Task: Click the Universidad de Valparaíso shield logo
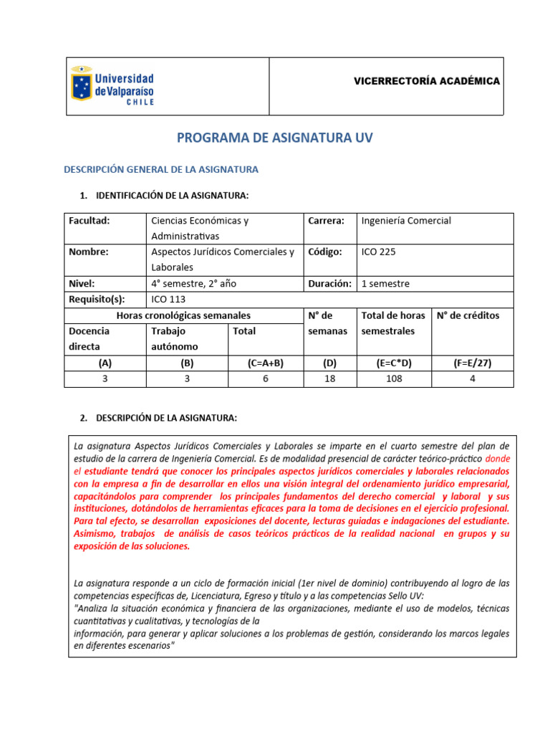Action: tap(81, 86)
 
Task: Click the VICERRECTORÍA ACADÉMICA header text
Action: tap(427, 81)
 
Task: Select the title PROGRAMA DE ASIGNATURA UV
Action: tap(274, 138)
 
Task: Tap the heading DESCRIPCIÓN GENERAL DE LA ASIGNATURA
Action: tap(161, 170)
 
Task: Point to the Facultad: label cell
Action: tap(89, 221)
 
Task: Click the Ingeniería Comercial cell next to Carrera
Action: tap(406, 221)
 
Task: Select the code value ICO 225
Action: tap(378, 252)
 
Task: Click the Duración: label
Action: tap(329, 283)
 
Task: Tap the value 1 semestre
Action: tap(385, 283)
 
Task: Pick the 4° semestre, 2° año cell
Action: tap(193, 283)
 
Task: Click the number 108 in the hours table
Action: tap(394, 378)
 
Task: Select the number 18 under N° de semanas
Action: tap(329, 378)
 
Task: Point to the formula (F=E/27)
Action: tap(473, 363)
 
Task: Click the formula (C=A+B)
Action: tap(265, 363)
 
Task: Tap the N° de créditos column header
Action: tap(468, 315)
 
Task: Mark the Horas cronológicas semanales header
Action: tap(183, 315)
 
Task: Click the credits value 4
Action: tap(473, 378)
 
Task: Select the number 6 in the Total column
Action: tap(265, 378)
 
